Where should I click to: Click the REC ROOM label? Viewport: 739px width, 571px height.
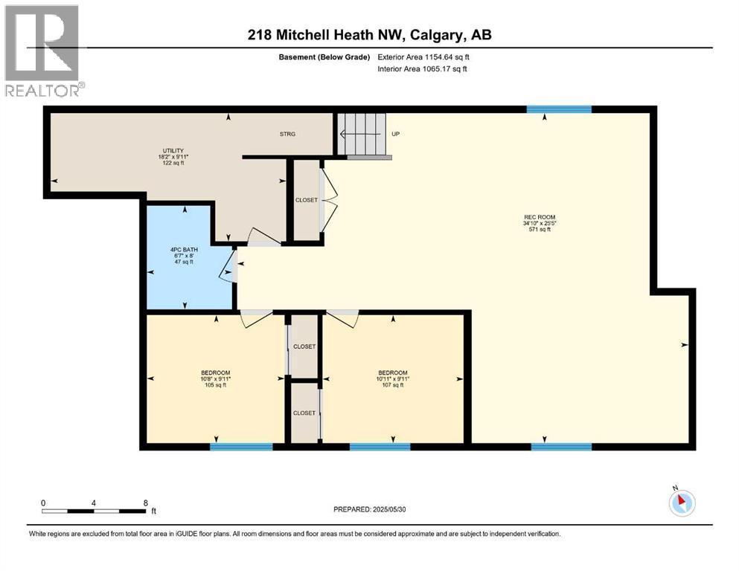coord(540,223)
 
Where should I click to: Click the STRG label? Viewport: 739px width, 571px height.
coord(287,134)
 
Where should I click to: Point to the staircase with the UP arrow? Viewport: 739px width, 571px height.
coord(364,135)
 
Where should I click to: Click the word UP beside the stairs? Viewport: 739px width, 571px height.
coord(396,135)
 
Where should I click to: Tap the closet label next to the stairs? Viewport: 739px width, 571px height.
coord(306,200)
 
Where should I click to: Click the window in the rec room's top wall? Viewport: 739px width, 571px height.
coord(559,109)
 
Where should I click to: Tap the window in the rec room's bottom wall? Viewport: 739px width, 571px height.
coord(561,447)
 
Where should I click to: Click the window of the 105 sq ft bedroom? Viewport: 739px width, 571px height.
coord(241,447)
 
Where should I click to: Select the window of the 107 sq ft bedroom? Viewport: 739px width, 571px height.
coord(380,447)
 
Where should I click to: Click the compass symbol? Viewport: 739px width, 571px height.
coord(681,503)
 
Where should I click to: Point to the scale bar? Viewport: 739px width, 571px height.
coord(94,510)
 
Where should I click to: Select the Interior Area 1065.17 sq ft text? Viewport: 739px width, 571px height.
coord(423,69)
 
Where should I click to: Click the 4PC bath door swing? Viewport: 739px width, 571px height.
coord(228,267)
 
